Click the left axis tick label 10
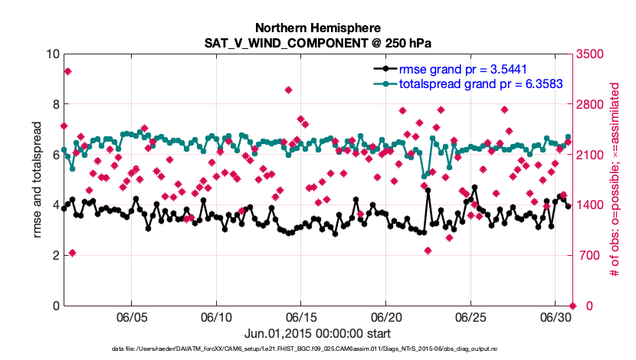coord(52,54)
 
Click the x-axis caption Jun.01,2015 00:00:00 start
coord(317,333)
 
